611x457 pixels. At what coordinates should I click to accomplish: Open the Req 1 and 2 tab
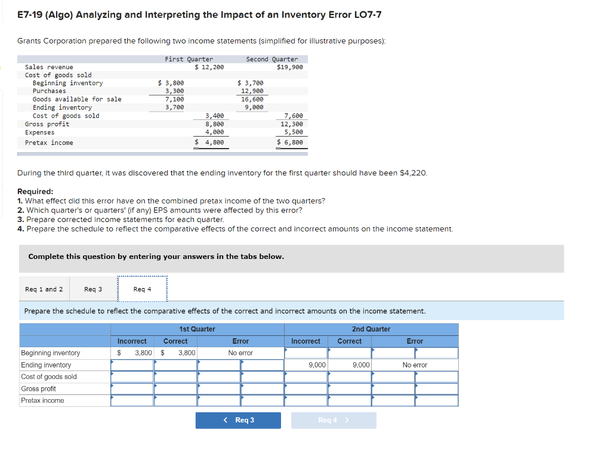click(44, 289)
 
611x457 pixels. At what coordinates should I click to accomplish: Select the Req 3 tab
click(93, 289)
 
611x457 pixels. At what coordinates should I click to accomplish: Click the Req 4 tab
click(142, 289)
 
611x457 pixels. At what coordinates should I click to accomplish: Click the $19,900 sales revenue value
click(290, 67)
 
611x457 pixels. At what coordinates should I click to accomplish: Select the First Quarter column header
click(189, 59)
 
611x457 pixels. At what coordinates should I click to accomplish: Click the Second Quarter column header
click(271, 59)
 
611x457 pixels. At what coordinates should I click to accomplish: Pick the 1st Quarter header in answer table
click(197, 329)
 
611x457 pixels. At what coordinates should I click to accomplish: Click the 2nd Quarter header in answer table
click(371, 329)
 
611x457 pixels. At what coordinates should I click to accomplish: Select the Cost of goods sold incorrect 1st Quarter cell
click(132, 376)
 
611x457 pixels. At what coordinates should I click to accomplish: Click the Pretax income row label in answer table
click(42, 400)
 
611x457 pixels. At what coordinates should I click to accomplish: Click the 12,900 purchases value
click(252, 91)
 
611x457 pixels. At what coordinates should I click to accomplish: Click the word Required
click(35, 192)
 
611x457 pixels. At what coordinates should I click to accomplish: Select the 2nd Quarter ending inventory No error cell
click(415, 365)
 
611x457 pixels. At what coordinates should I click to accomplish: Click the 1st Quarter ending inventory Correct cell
click(176, 365)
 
